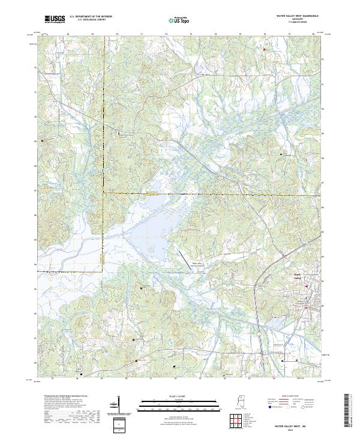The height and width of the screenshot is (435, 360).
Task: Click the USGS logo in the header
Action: tap(55, 19)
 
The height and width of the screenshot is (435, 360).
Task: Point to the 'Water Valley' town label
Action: tap(297, 275)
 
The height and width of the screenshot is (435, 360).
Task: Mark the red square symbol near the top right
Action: tap(265, 49)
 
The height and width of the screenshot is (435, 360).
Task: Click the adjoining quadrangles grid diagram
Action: tap(235, 421)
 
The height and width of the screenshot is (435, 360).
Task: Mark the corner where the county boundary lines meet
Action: tap(103, 193)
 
